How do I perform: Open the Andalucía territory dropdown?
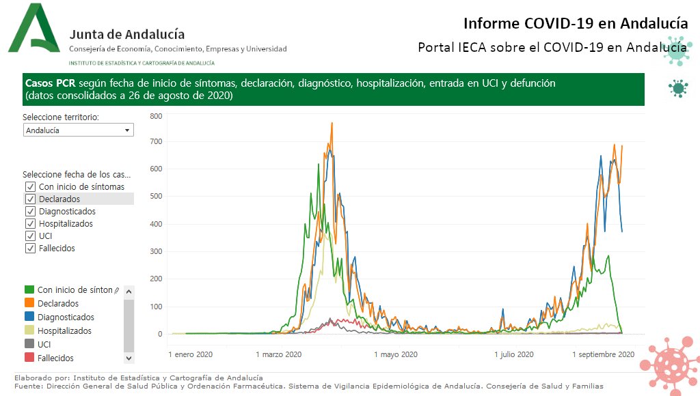78,130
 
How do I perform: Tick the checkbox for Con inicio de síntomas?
30,186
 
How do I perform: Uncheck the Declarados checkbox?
30,199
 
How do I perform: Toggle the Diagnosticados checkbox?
30,211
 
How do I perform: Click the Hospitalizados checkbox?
30,223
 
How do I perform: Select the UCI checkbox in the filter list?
30,236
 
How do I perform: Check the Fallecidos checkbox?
30,248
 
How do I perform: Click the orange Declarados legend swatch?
29,303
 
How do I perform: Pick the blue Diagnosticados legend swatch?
29,317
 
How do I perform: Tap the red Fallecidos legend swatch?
29,358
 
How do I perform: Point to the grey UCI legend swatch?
29,344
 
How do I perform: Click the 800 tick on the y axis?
156,116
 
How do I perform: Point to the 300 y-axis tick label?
156,252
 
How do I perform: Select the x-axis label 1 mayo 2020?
396,354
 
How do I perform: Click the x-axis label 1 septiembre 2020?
602,354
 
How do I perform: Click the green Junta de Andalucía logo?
35,29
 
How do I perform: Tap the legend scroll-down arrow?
129,357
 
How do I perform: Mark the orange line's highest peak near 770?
332,124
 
